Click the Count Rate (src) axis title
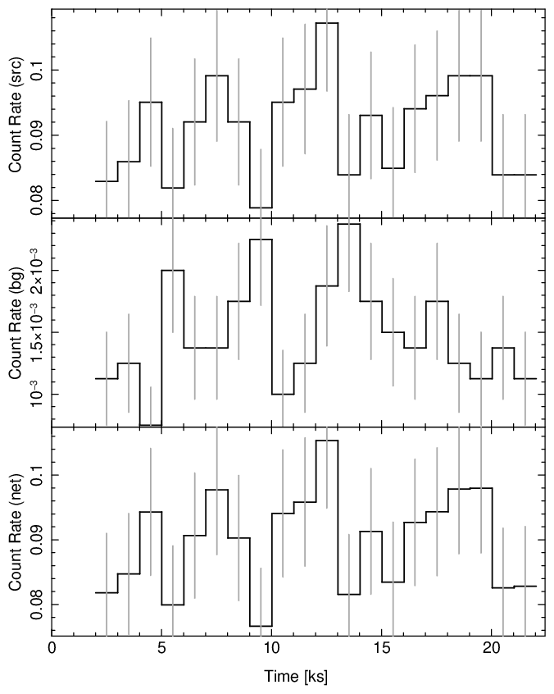click(x=15, y=115)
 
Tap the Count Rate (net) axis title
click(x=15, y=532)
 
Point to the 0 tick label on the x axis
click(x=52, y=648)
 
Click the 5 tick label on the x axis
click(x=162, y=648)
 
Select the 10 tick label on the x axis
click(x=272, y=648)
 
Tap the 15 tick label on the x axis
click(x=382, y=648)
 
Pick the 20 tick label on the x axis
click(x=492, y=648)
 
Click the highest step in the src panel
click(x=327, y=23)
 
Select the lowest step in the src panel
click(x=261, y=208)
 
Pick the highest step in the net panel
click(x=327, y=441)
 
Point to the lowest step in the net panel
click(x=261, y=626)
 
